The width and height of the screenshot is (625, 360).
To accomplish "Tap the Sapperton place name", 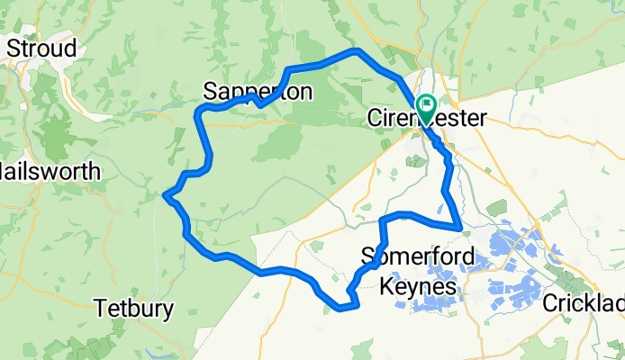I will pyautogui.click(x=258, y=92).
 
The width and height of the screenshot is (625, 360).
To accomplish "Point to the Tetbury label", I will pyautogui.click(x=133, y=309).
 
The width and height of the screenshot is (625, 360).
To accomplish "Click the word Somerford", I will pyautogui.click(x=417, y=255).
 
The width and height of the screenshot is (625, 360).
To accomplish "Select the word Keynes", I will pyautogui.click(x=418, y=286).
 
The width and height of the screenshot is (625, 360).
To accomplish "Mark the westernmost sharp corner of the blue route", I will pyautogui.click(x=165, y=193).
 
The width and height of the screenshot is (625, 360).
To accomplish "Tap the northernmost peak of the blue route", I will pyautogui.click(x=357, y=51).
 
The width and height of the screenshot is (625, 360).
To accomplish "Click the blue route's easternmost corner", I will pyautogui.click(x=460, y=227).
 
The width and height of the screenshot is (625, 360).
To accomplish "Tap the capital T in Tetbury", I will pyautogui.click(x=101, y=309).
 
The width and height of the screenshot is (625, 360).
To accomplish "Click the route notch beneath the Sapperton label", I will pyautogui.click(x=258, y=103).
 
